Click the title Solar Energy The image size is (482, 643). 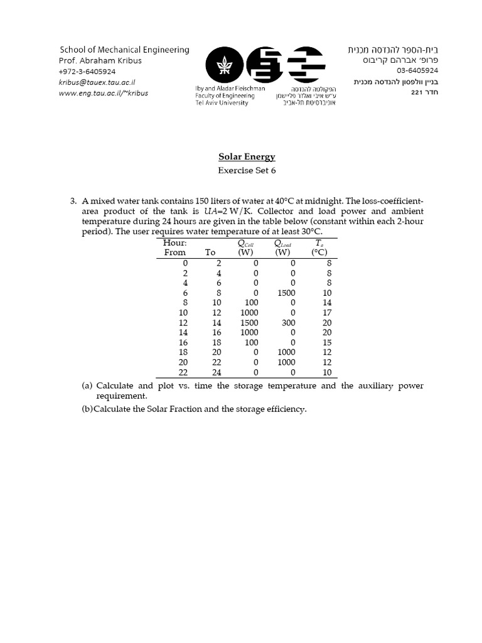tap(247, 157)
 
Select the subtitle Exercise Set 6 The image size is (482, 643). tap(247, 170)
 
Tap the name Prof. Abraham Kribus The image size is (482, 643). tap(100, 61)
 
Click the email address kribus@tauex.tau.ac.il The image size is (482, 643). tap(97, 82)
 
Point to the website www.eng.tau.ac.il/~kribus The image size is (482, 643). tap(104, 93)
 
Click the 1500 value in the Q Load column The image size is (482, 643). tap(286, 293)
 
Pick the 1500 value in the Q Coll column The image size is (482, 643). tap(249, 322)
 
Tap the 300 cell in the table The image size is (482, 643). tap(288, 322)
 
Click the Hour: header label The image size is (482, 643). tap(174, 243)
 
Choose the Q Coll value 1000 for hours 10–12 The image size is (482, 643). tap(249, 313)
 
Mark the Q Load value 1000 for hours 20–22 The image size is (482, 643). tap(286, 362)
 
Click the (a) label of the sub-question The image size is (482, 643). tap(87, 386)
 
